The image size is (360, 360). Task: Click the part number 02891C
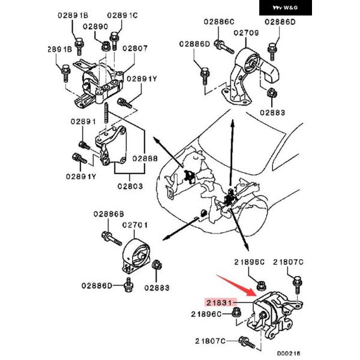(x=122, y=14)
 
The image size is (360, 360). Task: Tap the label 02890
(x=95, y=26)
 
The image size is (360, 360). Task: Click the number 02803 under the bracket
(x=130, y=186)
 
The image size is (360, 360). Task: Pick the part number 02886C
(x=218, y=22)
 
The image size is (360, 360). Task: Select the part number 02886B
(x=108, y=214)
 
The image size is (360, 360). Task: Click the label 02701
(x=135, y=225)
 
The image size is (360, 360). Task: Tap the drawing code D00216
(x=289, y=354)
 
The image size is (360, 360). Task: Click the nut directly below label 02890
(x=105, y=44)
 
